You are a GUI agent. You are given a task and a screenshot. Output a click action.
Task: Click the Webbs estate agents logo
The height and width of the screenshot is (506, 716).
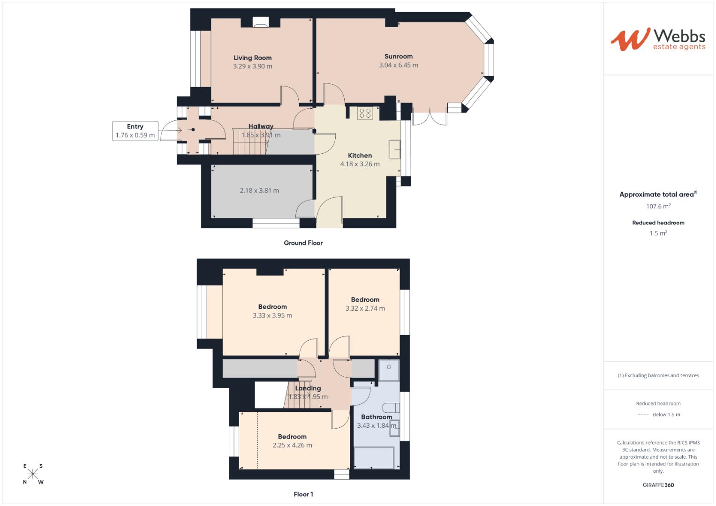[x=658, y=39]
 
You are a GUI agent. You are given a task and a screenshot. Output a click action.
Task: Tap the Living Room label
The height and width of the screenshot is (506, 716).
[x=253, y=58]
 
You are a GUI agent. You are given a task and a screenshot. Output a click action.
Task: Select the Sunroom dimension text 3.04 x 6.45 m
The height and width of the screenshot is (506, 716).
[x=399, y=65]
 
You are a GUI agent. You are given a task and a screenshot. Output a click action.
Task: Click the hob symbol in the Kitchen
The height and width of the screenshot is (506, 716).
[x=365, y=113]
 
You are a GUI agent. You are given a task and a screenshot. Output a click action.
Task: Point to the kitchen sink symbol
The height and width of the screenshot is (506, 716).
[x=394, y=149]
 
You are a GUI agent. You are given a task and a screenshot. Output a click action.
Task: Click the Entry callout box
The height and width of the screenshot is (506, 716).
[x=135, y=131]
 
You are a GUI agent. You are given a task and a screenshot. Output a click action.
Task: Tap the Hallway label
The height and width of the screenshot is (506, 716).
[x=261, y=126]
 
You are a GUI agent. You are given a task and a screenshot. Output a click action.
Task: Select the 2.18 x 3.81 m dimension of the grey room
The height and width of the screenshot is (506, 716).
[x=259, y=191]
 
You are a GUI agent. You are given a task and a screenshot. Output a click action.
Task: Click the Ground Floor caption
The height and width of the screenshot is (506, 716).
[x=303, y=243]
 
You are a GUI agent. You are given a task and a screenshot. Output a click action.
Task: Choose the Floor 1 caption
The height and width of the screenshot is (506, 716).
[x=303, y=494]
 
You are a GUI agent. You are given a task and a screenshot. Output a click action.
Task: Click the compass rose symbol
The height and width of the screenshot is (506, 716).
[x=33, y=474]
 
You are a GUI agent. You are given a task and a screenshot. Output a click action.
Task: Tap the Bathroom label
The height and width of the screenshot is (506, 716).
[x=377, y=417]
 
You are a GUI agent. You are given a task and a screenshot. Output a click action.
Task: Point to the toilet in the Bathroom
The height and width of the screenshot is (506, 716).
[x=391, y=407]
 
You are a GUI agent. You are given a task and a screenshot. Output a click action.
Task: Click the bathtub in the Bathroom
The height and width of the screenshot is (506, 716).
[x=374, y=457]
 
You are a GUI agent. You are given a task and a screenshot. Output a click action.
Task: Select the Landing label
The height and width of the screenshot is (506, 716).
[x=308, y=388]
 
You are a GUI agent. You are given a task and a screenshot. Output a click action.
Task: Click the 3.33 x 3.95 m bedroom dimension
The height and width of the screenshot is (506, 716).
[x=272, y=315]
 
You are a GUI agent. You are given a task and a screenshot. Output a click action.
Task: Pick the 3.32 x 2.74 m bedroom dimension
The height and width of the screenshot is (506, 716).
[x=365, y=308]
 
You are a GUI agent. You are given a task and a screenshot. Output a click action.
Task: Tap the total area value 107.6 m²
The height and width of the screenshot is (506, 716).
[x=658, y=206]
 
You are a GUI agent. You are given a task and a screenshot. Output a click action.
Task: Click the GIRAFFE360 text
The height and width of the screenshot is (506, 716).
[x=658, y=485]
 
